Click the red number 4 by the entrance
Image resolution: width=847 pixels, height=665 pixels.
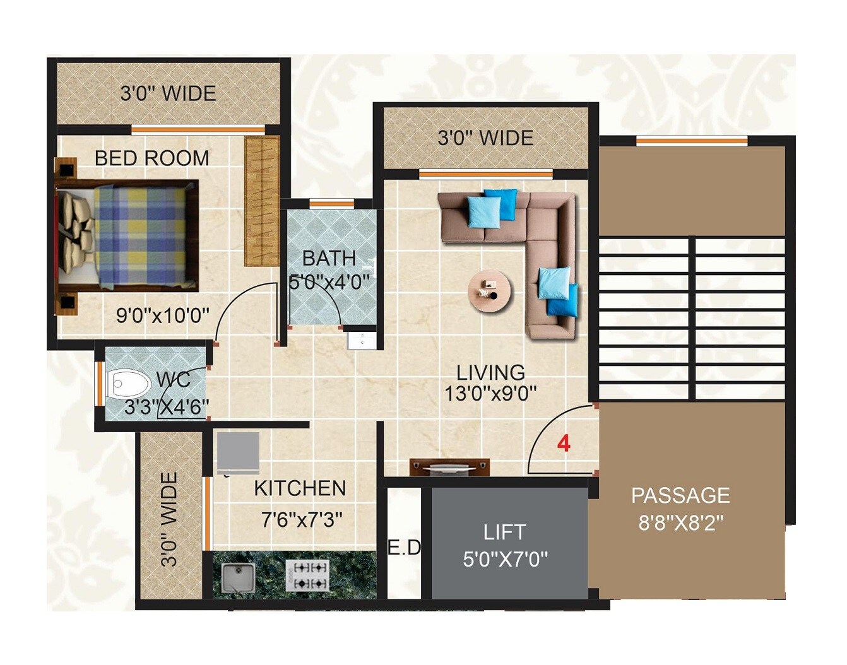click(564, 444)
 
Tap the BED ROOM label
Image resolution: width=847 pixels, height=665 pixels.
click(151, 158)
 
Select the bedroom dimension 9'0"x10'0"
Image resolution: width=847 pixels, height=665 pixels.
click(163, 315)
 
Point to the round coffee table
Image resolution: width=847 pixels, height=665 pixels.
click(490, 291)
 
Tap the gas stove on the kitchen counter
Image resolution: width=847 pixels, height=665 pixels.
click(307, 575)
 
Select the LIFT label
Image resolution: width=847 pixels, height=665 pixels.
click(504, 532)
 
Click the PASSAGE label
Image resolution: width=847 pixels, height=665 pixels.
click(680, 495)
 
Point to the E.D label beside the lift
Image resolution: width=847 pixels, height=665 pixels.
click(404, 548)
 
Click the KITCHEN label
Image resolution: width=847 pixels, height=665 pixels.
click(300, 488)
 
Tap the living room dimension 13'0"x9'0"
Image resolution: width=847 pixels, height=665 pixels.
click(490, 394)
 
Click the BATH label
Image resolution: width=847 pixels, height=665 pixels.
click(329, 258)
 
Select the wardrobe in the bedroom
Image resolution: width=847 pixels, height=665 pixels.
click(261, 201)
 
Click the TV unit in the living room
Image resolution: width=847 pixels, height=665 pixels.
click(449, 468)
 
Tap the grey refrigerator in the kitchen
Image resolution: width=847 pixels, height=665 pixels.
click(238, 452)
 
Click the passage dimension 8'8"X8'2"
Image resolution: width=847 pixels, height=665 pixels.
click(680, 523)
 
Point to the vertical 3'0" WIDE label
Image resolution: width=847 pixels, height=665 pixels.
click(169, 519)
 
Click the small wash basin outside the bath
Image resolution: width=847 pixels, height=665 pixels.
click(362, 340)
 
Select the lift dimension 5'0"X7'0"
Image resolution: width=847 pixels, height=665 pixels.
click(505, 559)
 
